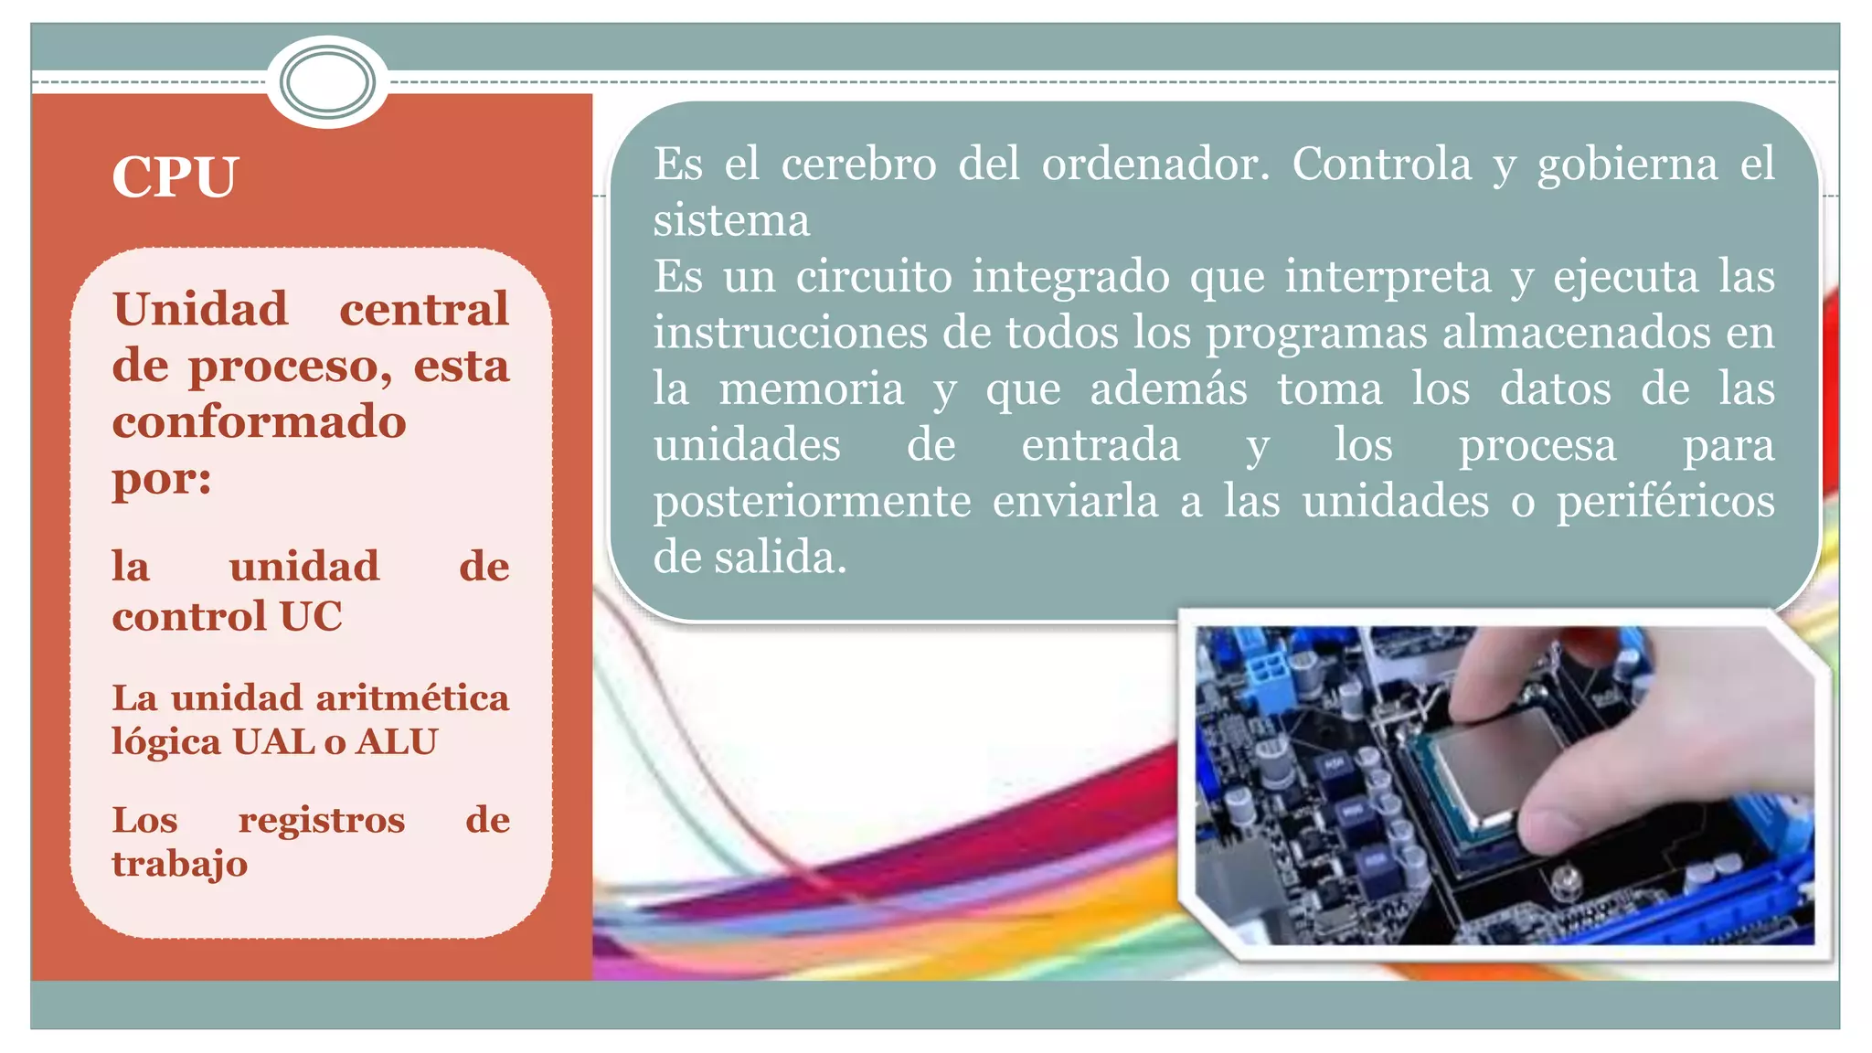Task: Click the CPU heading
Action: click(175, 176)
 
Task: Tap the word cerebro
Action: click(858, 165)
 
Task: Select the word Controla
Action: click(1381, 165)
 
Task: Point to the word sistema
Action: click(731, 221)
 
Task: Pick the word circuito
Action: click(873, 276)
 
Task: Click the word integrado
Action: click(1070, 278)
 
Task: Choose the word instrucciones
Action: click(790, 333)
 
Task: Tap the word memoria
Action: click(811, 388)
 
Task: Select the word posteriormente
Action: click(812, 502)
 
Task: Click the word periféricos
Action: click(1665, 502)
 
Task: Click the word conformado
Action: click(259, 422)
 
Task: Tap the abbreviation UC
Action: click(311, 616)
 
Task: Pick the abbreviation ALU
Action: click(397, 742)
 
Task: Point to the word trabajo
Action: click(179, 865)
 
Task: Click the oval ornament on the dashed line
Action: click(327, 82)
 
